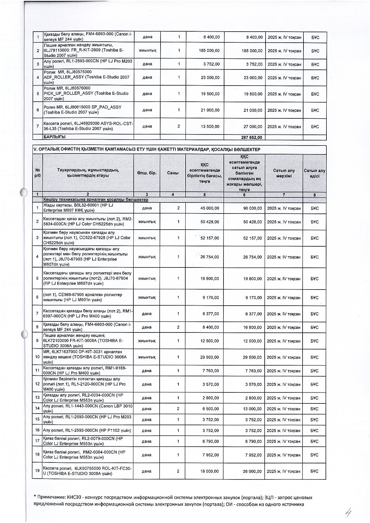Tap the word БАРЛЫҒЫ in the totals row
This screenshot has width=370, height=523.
(55, 137)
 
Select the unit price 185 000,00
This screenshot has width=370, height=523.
(209, 51)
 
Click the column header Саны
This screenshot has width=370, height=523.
(173, 173)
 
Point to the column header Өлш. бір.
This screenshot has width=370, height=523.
(147, 173)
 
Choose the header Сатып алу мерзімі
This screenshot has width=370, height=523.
(284, 173)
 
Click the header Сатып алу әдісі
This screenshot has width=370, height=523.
(314, 173)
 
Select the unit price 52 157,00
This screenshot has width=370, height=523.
(210, 238)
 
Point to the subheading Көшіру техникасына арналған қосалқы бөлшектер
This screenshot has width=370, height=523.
(95, 199)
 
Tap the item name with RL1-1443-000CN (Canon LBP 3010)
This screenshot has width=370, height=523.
(88, 409)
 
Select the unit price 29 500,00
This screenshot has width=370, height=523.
(210, 357)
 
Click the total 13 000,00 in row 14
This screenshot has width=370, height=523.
(252, 409)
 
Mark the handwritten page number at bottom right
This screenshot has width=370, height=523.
(348, 513)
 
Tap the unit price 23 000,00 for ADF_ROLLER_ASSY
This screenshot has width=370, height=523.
(210, 78)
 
